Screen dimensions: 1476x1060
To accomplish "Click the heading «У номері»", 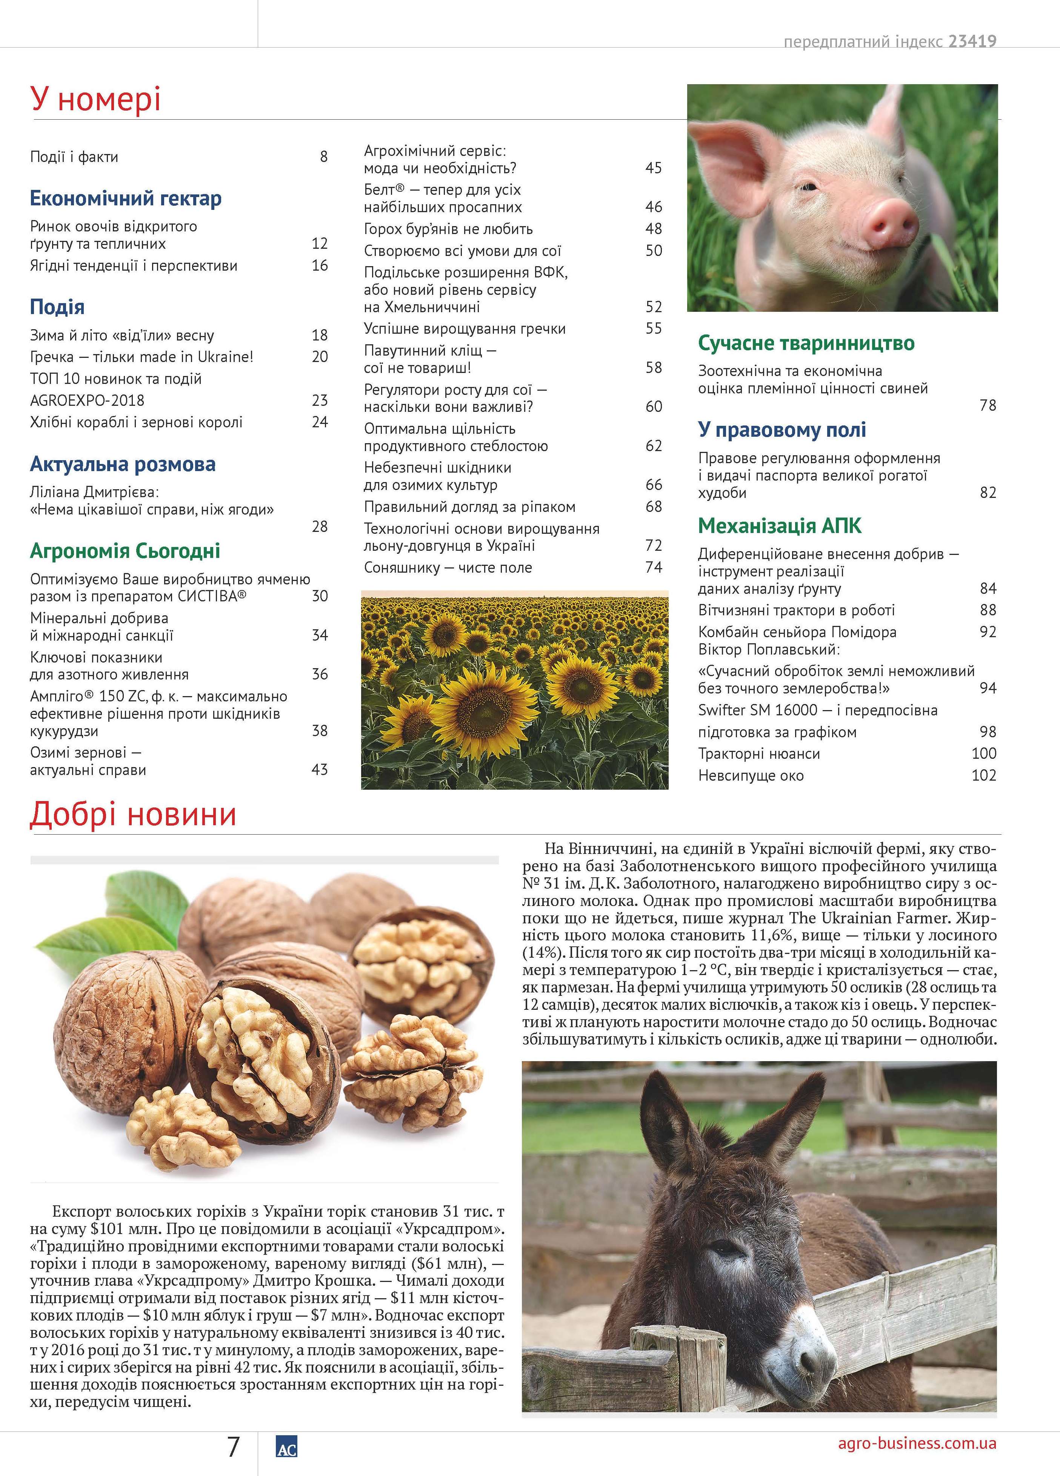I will click(95, 100).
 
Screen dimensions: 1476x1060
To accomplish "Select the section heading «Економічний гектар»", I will click(126, 199).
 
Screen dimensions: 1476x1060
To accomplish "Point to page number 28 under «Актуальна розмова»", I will click(320, 527).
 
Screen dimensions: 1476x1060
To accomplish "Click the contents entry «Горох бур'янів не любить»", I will click(448, 229).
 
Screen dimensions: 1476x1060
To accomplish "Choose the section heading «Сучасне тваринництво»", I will click(806, 343).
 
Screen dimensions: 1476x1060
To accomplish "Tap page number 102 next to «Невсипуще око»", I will click(983, 775).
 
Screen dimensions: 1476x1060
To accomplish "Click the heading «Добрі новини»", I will click(133, 815).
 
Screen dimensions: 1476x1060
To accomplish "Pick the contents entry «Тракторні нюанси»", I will click(759, 753).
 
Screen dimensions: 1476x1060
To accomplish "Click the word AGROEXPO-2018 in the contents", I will click(87, 400).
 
